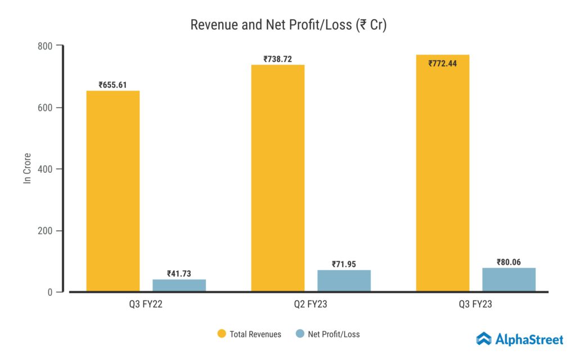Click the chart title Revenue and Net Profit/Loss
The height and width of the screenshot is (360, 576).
(x=288, y=25)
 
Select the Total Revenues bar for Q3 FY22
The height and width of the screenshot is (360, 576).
(x=112, y=191)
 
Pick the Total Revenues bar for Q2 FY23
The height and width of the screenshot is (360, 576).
(x=278, y=178)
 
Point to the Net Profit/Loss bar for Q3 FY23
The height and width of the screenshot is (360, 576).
(x=509, y=280)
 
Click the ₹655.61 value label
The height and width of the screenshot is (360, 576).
(x=112, y=85)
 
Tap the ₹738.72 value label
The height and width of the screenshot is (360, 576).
(x=278, y=59)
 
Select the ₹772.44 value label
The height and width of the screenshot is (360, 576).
(x=443, y=64)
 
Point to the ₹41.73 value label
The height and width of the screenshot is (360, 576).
(x=179, y=274)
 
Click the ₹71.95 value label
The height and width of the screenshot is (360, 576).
(x=344, y=264)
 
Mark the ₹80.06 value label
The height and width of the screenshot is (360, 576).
(x=509, y=262)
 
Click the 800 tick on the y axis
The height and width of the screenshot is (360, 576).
(x=45, y=46)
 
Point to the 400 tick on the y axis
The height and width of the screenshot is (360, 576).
(x=45, y=169)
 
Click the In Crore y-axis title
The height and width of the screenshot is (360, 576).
(x=26, y=168)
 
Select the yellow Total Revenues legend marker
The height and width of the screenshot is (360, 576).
(x=222, y=334)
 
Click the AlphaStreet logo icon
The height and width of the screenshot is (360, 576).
(x=483, y=339)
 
